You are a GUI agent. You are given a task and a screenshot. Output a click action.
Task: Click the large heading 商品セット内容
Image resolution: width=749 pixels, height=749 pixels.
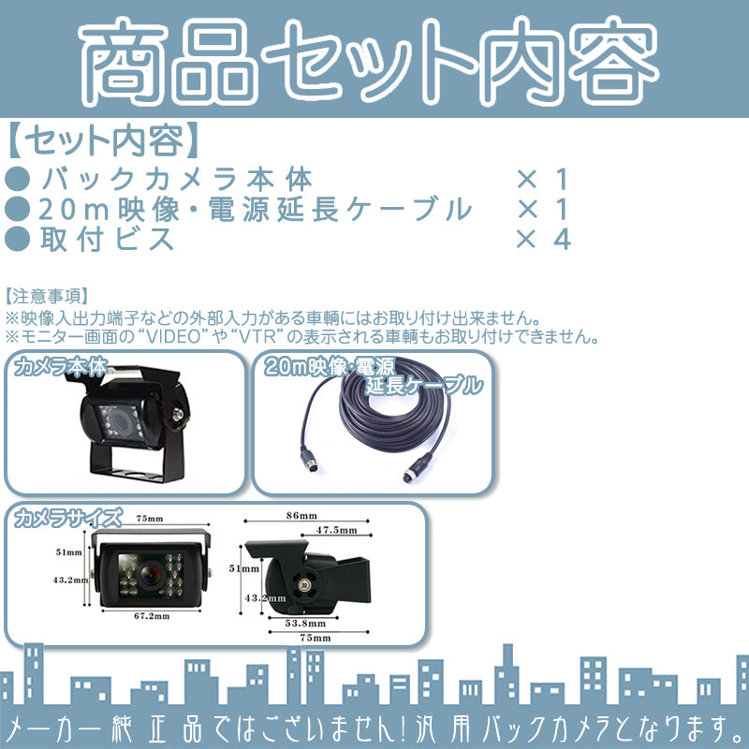(369, 61)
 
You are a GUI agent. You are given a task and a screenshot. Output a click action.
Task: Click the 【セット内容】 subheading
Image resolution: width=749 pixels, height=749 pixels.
(104, 141)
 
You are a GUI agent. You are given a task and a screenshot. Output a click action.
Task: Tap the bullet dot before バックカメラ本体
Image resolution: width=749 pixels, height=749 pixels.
(17, 179)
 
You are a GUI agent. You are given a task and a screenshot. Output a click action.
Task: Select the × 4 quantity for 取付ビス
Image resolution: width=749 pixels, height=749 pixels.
(543, 239)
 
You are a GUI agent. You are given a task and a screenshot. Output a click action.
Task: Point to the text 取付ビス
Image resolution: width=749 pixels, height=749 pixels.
(107, 239)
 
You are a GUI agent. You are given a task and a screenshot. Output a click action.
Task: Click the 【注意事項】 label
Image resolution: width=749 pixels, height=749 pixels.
(47, 296)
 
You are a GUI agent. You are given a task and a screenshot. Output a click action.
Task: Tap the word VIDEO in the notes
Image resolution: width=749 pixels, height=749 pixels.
(173, 337)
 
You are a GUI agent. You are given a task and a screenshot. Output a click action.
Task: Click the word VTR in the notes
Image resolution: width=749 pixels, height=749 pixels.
(257, 337)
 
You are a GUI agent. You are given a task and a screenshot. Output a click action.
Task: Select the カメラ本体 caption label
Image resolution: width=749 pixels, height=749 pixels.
(61, 367)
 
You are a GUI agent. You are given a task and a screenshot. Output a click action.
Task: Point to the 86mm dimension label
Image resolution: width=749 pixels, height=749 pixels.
(301, 516)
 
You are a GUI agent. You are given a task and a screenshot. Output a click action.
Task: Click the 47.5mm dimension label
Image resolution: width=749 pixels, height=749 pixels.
(336, 530)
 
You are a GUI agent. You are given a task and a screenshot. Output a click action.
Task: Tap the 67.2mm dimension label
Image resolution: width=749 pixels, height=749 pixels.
(152, 616)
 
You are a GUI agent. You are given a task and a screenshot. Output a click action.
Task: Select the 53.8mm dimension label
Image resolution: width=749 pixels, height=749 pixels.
(305, 624)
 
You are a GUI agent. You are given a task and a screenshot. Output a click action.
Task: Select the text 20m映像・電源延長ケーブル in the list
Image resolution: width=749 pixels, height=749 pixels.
(255, 209)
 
